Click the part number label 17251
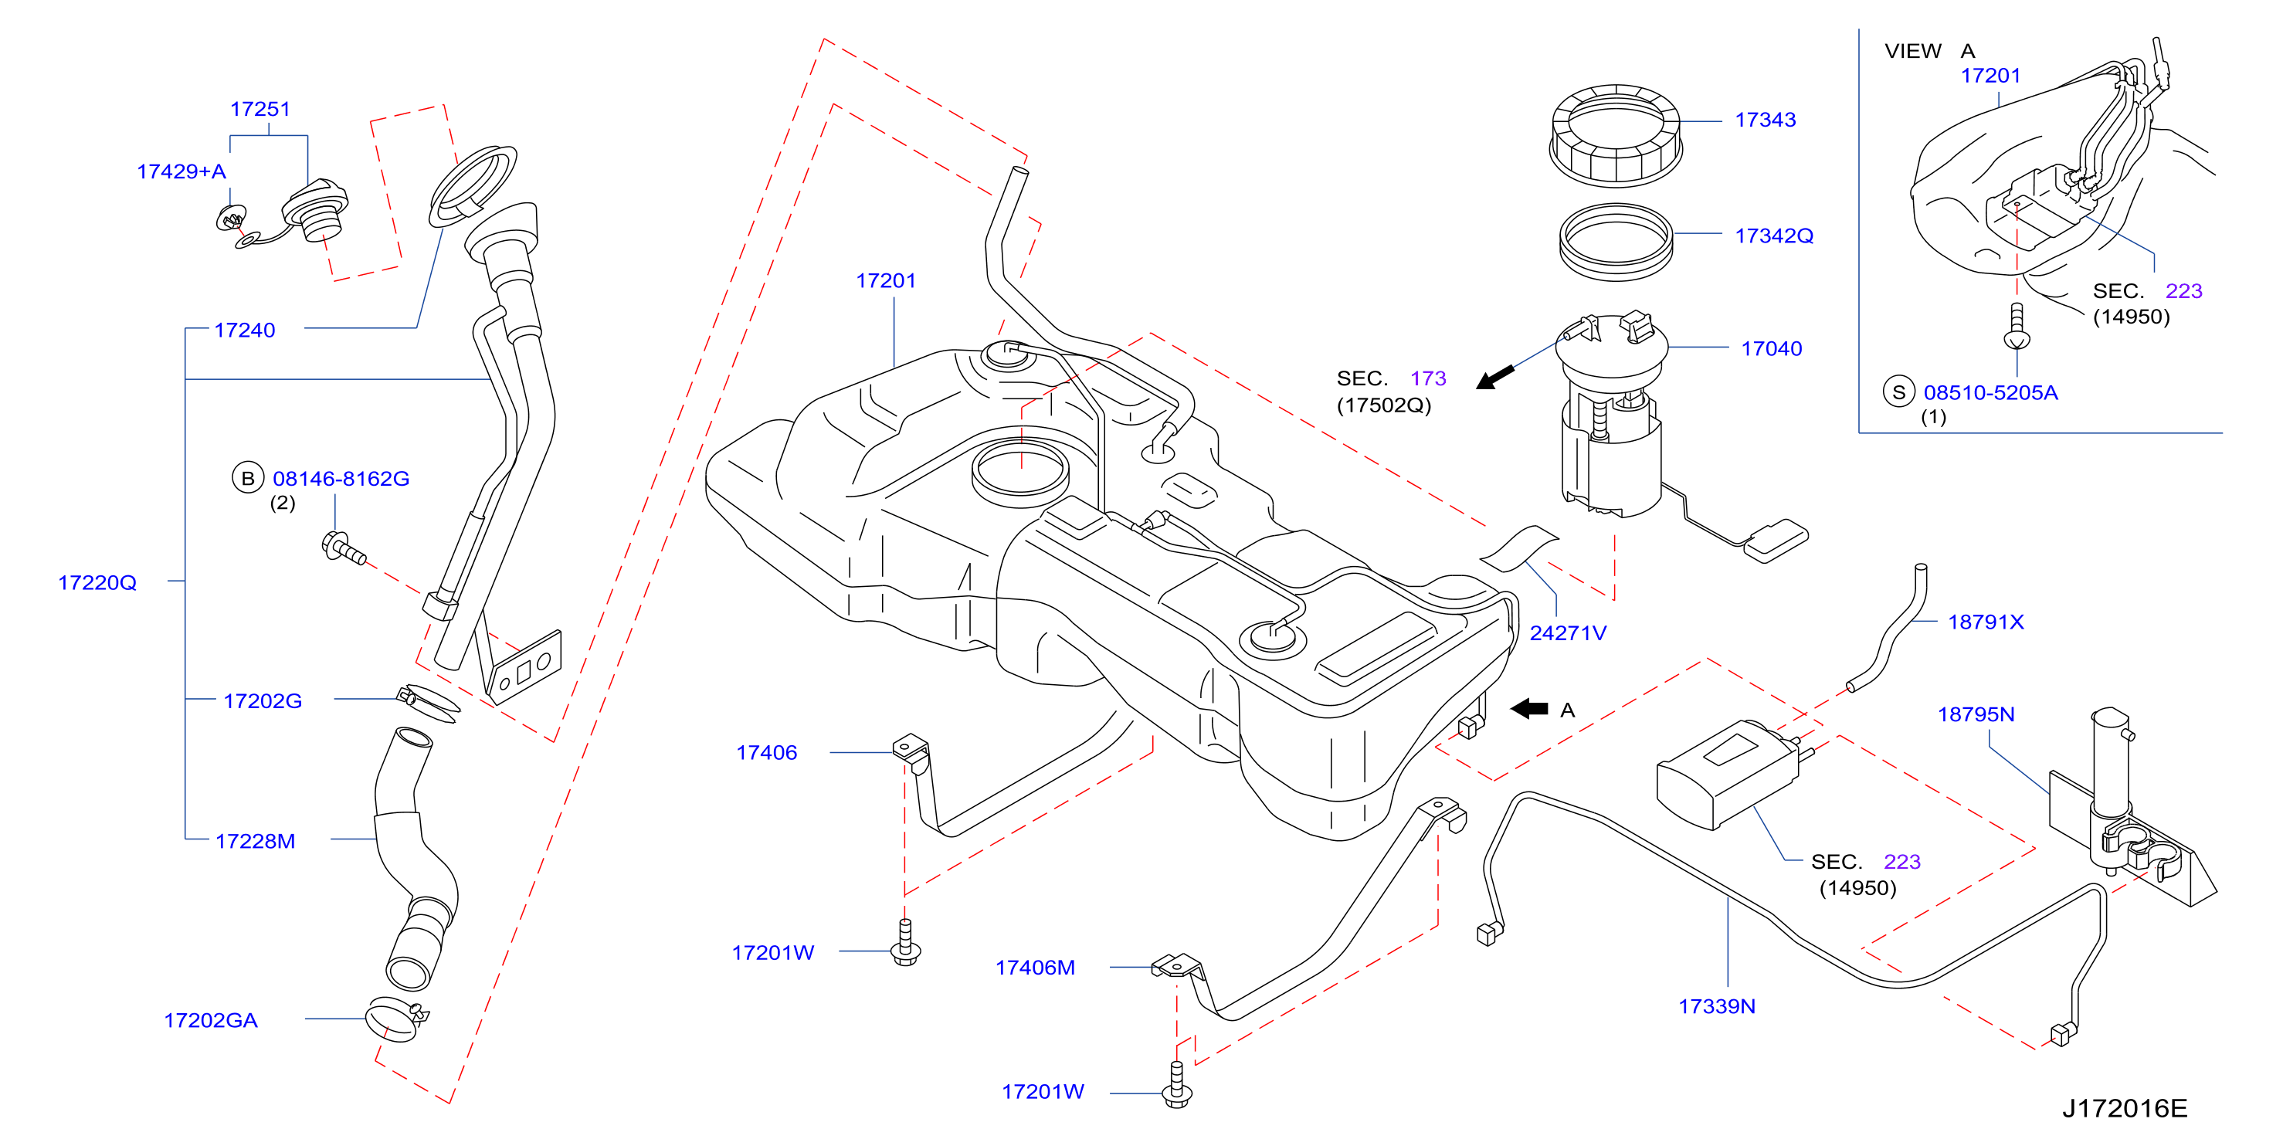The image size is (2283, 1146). coord(260,109)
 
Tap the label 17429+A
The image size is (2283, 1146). coord(181,171)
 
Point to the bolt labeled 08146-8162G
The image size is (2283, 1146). coord(344,547)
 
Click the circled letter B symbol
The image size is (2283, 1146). coord(248,479)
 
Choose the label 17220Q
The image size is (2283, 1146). coord(97,582)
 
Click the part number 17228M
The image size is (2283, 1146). coord(255,841)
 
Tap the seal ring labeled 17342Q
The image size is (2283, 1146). coord(1616,241)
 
